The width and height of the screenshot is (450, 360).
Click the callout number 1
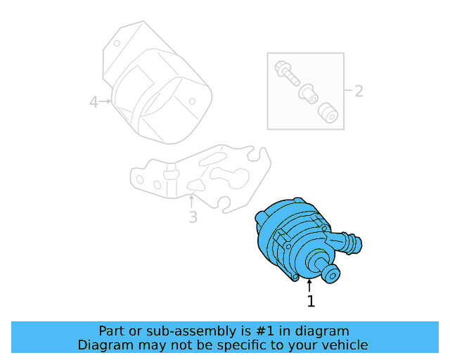click(311, 302)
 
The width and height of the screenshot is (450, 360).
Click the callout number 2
click(359, 91)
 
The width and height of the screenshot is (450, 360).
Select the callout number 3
click(193, 217)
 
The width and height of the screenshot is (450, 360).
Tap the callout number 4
click(94, 103)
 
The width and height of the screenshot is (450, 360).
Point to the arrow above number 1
click(309, 285)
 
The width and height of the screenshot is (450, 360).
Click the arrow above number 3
click(191, 200)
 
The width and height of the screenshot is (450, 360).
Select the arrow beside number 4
click(106, 102)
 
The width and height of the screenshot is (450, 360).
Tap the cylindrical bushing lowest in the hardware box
click(326, 111)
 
